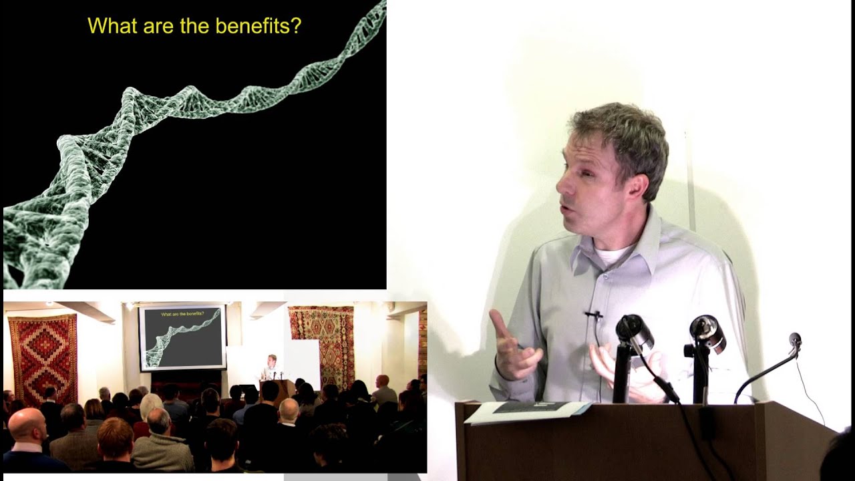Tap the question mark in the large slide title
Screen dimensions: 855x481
(x=297, y=25)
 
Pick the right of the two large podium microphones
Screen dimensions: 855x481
(x=707, y=333)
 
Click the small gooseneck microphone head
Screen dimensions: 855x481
(x=795, y=339)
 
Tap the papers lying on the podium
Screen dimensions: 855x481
(x=527, y=412)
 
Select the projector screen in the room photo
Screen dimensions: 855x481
(x=182, y=337)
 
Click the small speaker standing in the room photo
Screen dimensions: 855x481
(x=271, y=367)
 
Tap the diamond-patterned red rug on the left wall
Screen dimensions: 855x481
(x=43, y=359)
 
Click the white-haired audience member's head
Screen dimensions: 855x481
(x=151, y=406)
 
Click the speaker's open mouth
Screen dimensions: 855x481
(x=564, y=210)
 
